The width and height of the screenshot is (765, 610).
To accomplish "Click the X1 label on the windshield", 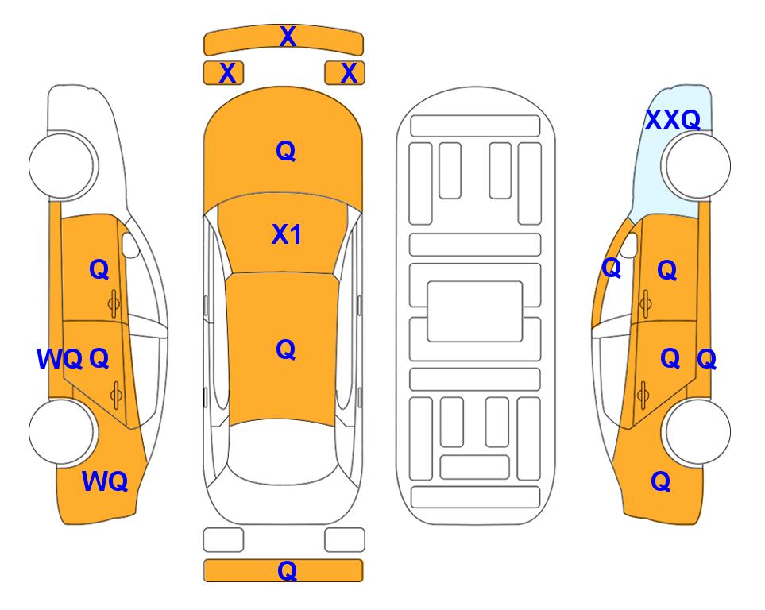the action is point(287,234).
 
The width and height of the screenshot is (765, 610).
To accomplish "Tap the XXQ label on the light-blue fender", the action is point(673,120).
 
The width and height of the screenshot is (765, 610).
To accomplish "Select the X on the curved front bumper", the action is point(288,37).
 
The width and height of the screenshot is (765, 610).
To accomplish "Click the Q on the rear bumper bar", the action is point(287,570).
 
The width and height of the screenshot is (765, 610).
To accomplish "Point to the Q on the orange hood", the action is point(286,151).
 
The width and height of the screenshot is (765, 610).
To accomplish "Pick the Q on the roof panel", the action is point(286,349).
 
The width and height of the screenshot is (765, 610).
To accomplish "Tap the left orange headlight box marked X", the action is point(223,73).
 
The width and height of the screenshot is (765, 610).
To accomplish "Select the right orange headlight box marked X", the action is point(345,73).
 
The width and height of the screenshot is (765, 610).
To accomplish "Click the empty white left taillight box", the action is point(223,540).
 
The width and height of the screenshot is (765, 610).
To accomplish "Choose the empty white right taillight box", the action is point(345,540).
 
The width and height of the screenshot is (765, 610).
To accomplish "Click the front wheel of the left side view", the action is point(61,165).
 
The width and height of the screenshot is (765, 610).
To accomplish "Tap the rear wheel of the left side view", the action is point(61,431).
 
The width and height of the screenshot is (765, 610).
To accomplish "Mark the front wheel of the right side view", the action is point(697,165).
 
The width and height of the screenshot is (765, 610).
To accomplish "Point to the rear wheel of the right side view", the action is point(697,431).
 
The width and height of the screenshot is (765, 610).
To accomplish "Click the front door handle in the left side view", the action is point(114,303).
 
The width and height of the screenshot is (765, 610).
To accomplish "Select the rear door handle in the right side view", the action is point(643,395).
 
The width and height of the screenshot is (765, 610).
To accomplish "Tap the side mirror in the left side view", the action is point(130,245).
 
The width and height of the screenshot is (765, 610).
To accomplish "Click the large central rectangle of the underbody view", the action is point(475,311).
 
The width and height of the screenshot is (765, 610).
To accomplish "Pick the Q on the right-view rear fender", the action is point(661,481).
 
